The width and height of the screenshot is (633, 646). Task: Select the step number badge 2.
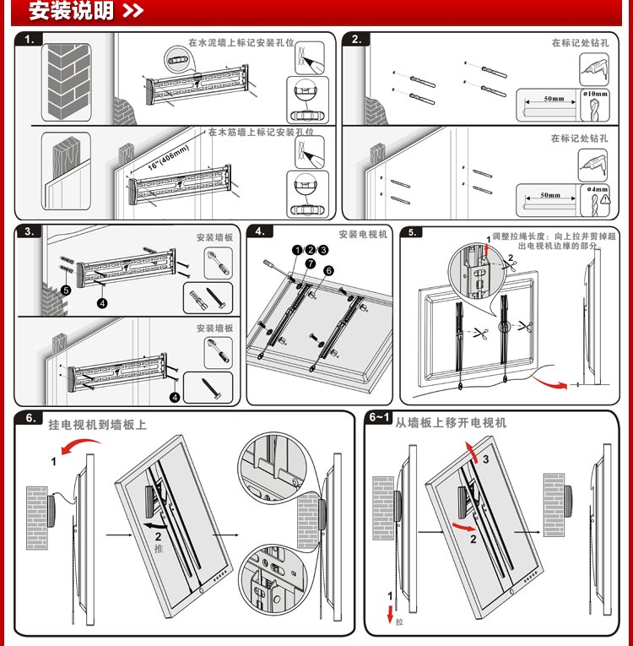tap(356, 39)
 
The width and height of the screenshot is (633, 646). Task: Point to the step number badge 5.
tap(413, 232)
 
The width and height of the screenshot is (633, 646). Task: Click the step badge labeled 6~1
tap(380, 418)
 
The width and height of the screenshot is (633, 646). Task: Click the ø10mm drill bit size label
tap(595, 93)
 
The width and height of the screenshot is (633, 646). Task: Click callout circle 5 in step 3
tap(66, 289)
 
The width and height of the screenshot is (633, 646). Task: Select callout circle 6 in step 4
tap(329, 270)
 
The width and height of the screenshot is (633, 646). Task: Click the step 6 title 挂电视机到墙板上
tap(97, 425)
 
